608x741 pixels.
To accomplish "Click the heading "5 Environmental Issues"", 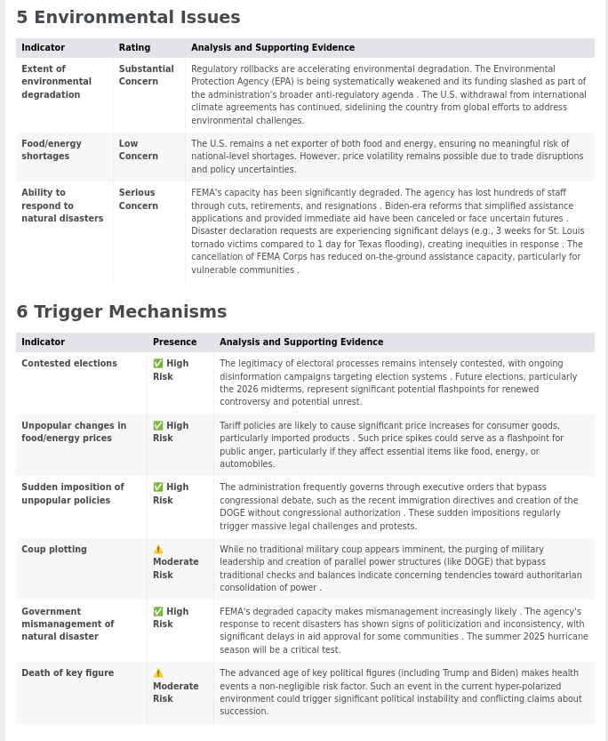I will coord(128,18).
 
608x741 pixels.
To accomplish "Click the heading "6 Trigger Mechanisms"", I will coord(121,312).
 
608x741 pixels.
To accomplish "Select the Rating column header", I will coord(134,48).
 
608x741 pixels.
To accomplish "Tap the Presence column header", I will coord(174,342).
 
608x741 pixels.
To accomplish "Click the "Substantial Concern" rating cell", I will coord(146,75).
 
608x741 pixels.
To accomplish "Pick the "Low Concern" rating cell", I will coord(138,149).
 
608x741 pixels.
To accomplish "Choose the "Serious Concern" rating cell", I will coord(138,199).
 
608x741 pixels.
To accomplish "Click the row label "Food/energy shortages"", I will coord(51,149).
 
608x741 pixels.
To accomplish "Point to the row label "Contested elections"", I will coord(69,364).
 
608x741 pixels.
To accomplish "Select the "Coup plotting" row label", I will coord(53,550).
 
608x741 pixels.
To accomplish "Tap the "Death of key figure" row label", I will coord(68,673).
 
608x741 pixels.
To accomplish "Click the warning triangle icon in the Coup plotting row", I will coord(158,550).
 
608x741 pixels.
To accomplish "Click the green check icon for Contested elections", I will coord(158,364).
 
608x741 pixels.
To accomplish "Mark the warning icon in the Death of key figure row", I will coord(158,673).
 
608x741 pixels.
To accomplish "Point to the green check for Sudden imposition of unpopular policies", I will coord(158,487).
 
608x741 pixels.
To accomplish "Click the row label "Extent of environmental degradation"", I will coord(56,82).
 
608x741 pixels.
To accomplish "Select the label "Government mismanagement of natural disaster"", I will coord(68,624).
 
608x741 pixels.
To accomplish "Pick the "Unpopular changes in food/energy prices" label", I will coord(73,431).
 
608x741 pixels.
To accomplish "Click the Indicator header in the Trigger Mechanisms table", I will coord(43,342).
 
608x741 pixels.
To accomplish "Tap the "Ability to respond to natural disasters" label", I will coord(61,205).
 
